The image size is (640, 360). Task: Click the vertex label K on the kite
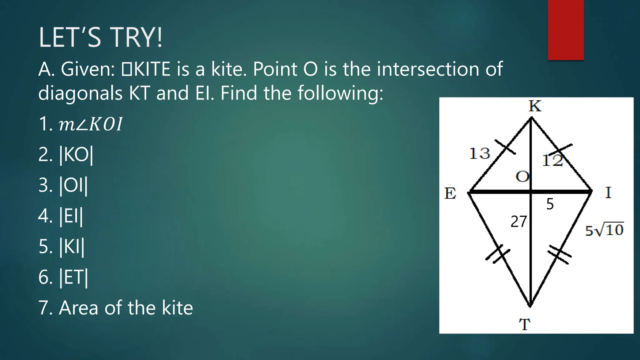point(535,106)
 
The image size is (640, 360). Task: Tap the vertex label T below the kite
point(525,324)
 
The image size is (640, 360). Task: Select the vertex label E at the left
point(450,193)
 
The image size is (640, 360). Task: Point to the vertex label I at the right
point(608,192)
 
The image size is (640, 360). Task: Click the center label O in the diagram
point(522,177)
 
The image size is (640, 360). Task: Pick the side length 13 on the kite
point(480,154)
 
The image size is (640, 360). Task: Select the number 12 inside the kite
point(552,161)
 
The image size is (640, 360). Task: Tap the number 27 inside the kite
point(519,222)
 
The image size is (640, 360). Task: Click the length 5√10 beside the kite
point(604,230)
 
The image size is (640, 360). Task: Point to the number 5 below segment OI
point(550,204)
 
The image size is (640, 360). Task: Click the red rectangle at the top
point(566,30)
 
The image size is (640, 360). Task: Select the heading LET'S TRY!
point(100,37)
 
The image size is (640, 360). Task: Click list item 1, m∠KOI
point(81,124)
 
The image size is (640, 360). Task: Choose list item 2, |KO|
point(66,155)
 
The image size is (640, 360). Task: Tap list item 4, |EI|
point(61,216)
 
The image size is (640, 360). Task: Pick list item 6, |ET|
point(63,277)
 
